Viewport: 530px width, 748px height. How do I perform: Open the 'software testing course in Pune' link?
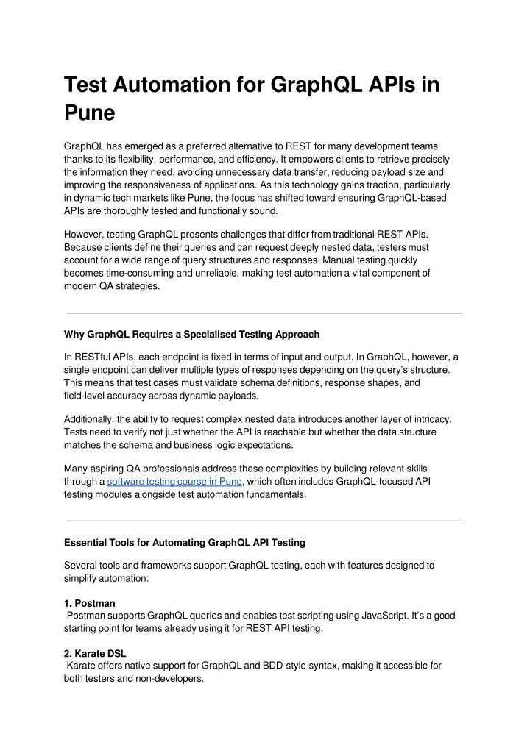tap(174, 482)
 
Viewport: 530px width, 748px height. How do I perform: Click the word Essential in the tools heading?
tap(87, 543)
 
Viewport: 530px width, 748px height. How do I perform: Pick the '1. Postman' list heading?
tap(90, 603)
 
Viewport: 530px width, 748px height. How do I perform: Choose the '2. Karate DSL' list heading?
tap(95, 652)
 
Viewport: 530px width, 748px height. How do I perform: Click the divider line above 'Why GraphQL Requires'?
tap(264, 313)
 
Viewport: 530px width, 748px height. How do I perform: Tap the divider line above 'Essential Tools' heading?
tap(264, 521)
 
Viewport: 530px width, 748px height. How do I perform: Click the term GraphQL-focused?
tap(374, 482)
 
